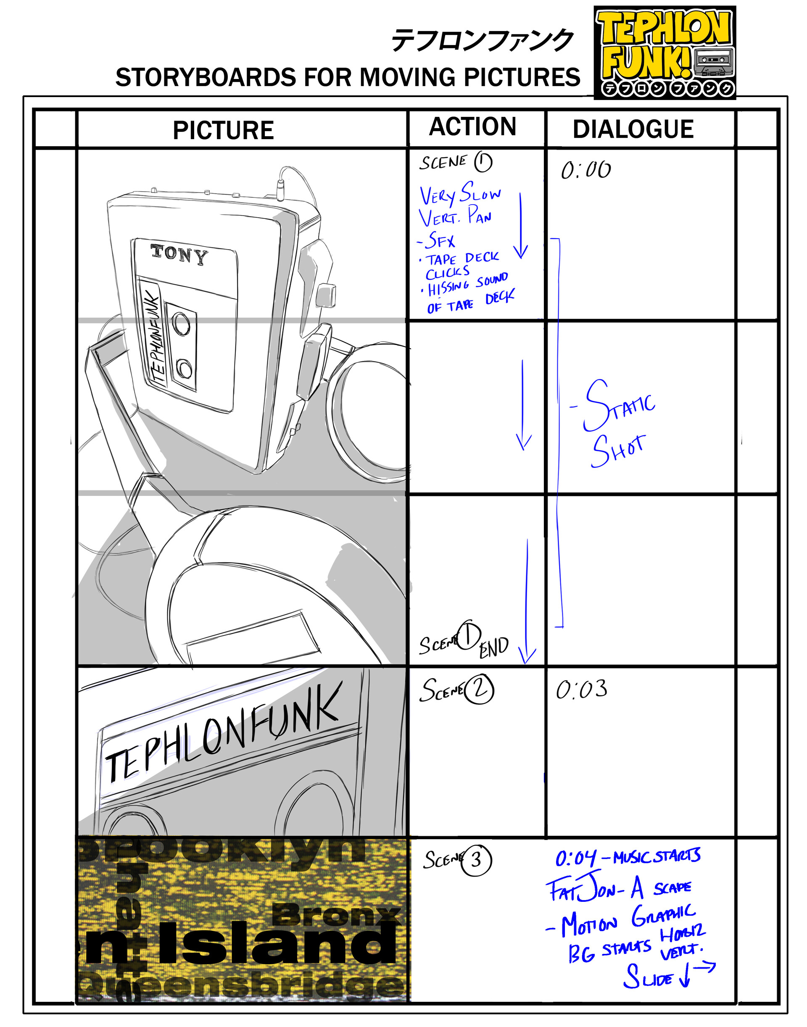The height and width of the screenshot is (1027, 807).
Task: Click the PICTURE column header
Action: point(223,130)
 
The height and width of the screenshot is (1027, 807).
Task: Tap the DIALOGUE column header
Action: point(633,129)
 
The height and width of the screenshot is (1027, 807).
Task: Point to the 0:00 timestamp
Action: point(585,170)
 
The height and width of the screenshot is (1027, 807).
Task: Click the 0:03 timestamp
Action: point(581,690)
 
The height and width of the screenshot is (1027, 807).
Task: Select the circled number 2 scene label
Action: point(479,690)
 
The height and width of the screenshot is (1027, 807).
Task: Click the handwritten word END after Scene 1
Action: point(494,647)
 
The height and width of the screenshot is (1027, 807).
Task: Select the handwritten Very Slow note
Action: point(459,194)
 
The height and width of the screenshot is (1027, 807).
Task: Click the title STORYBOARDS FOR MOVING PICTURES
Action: point(347,77)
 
